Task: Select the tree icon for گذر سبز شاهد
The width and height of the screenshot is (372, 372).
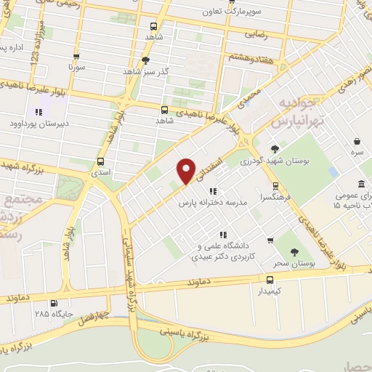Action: tap(146, 61)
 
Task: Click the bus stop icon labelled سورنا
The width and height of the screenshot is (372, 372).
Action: tap(75, 55)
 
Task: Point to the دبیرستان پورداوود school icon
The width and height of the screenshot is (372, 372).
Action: tap(39, 111)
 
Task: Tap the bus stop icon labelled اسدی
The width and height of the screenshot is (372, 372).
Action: tap(100, 162)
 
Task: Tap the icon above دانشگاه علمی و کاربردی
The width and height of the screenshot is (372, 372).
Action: tap(224, 234)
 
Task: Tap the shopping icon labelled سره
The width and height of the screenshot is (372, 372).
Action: tap(357, 142)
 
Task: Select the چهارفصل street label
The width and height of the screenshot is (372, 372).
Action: tap(94, 315)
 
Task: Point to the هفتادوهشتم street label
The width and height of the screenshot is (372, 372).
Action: tap(252, 57)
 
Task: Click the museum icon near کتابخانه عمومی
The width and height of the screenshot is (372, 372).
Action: tap(361, 184)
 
